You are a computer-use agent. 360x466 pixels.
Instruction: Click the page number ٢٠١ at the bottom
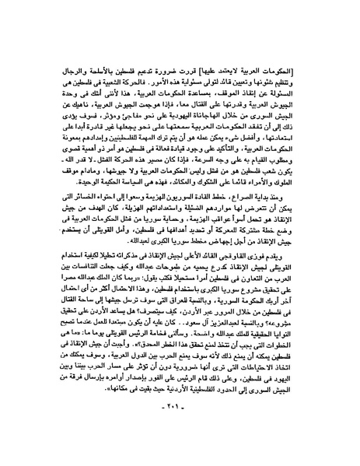pyautogui.click(x=180, y=429)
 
